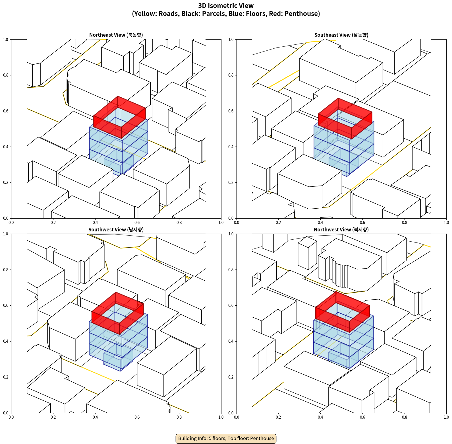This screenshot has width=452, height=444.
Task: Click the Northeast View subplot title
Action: [116, 35]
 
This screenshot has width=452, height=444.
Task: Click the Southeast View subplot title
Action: [341, 35]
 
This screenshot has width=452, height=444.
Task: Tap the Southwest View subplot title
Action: [116, 230]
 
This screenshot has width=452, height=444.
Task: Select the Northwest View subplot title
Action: [341, 230]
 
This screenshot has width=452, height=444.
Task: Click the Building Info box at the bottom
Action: [226, 438]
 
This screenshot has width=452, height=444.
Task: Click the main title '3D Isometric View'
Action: [226, 6]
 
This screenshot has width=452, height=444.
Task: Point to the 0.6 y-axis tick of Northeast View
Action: [6, 111]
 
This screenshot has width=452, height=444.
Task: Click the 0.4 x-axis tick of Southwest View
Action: [95, 417]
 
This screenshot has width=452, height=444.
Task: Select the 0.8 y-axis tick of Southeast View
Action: [231, 75]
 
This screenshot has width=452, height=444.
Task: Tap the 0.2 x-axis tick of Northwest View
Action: [278, 417]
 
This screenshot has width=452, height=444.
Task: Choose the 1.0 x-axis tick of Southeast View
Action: [446, 223]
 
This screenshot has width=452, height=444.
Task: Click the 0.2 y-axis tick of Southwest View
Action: [6, 377]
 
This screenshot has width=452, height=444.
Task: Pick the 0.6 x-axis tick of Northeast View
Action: [137, 223]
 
